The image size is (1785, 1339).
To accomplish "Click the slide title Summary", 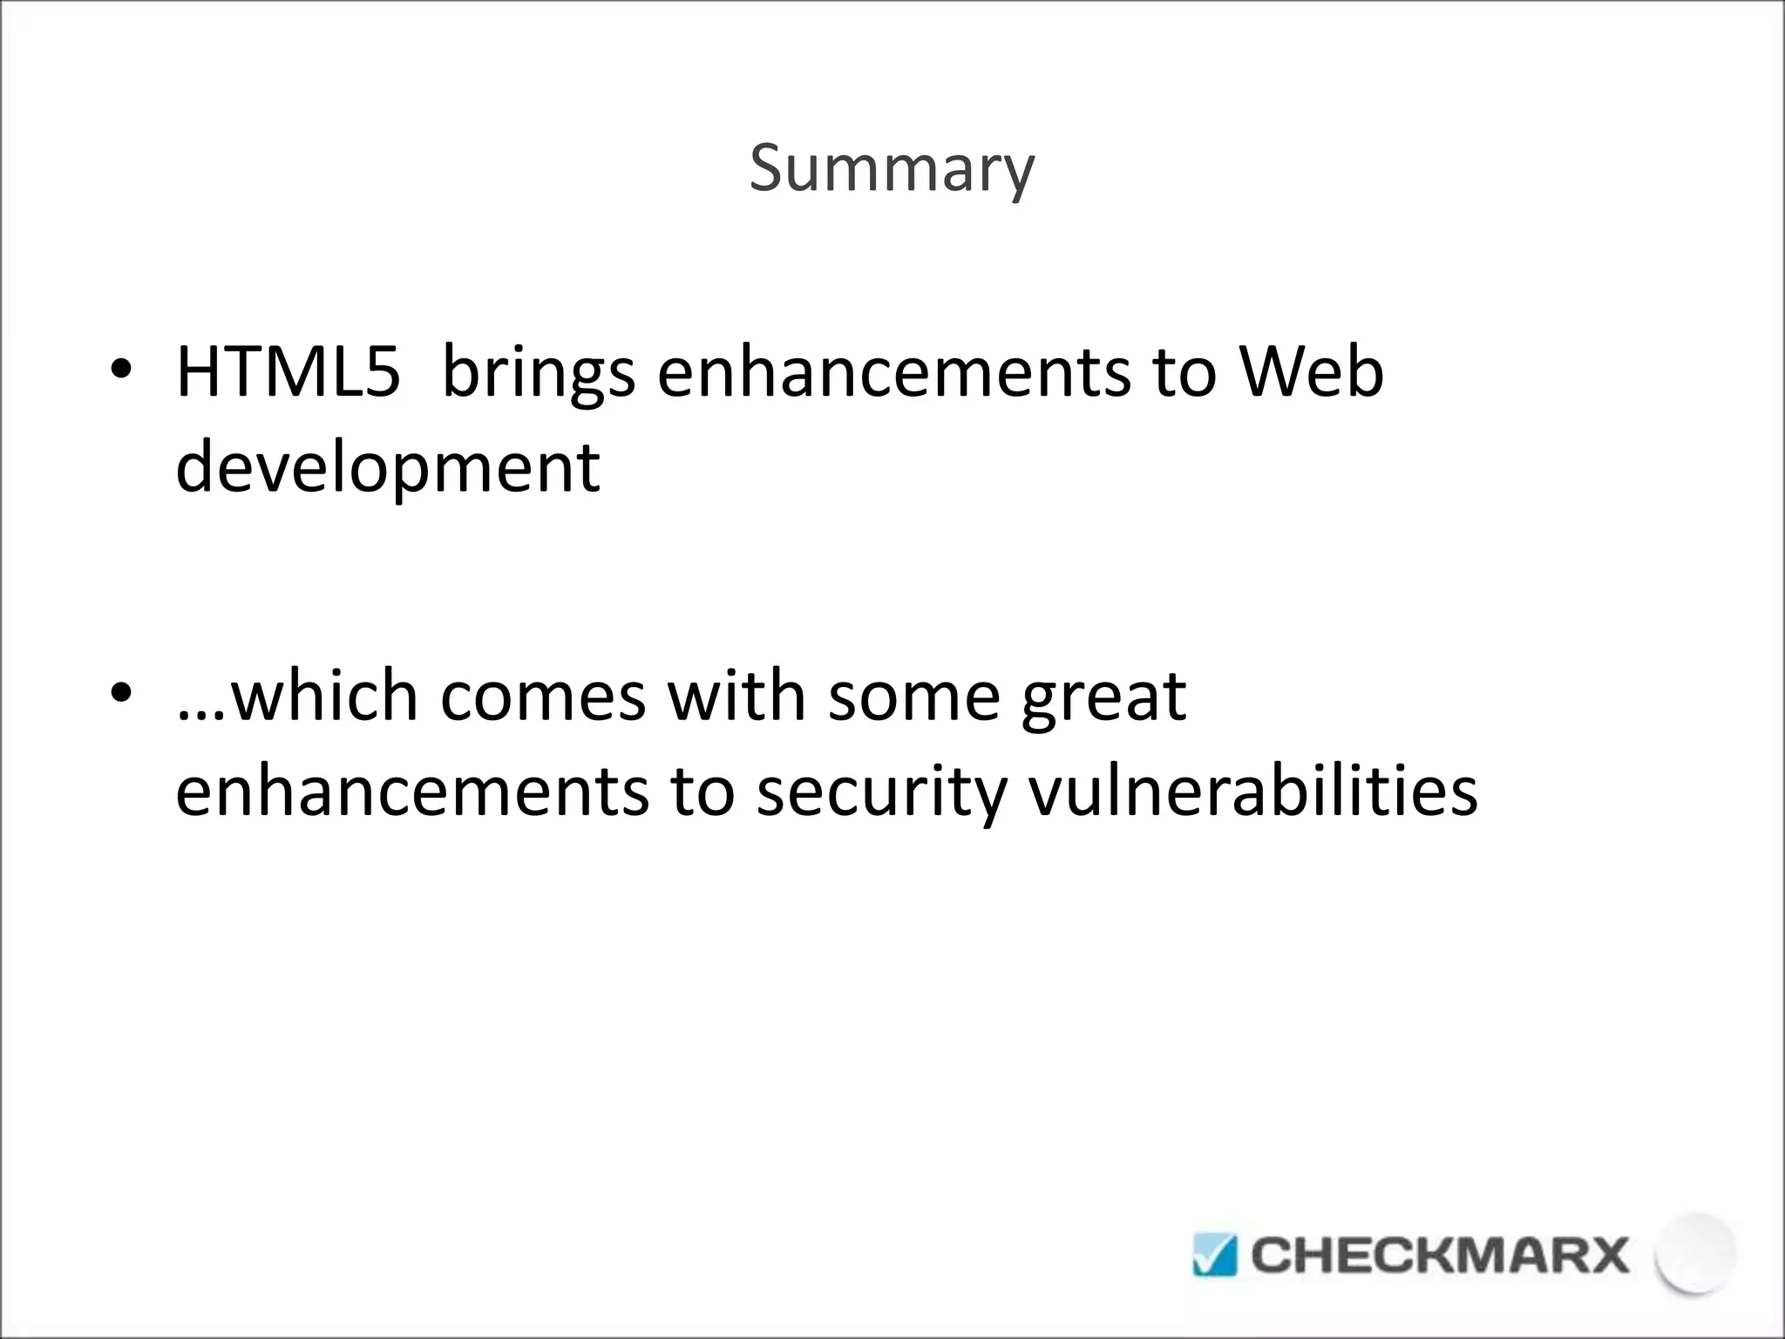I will point(892,169).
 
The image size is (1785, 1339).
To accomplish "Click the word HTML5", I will point(288,373).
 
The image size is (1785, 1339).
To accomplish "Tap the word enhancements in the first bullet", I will point(893,373).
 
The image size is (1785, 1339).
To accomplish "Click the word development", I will point(387,469).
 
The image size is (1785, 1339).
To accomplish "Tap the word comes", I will point(542,697).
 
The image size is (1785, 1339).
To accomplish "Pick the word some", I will point(913,697).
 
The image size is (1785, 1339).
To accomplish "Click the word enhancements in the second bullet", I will point(411,792).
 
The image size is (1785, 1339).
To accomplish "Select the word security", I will point(880,793).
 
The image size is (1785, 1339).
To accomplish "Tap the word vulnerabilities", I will point(1252,792).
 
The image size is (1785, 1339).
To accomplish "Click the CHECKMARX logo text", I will point(1439,1256).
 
